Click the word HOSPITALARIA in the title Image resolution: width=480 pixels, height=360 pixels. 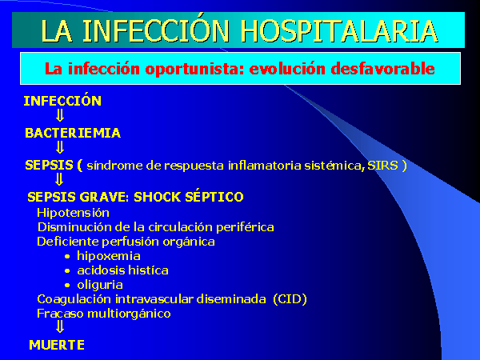tap(338, 31)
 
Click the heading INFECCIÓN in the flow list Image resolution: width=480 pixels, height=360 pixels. tap(62, 100)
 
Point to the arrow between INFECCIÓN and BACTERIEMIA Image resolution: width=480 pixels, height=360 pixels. tap(60, 116)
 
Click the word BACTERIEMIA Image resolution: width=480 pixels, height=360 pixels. tap(73, 133)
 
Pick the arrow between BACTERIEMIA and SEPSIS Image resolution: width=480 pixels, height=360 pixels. tap(60, 147)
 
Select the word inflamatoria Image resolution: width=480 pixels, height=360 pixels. tap(265, 166)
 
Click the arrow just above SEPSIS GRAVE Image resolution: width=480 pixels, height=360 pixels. tap(59, 179)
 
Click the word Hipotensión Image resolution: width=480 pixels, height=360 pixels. tap(73, 213)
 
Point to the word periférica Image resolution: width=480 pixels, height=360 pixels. tap(245, 227)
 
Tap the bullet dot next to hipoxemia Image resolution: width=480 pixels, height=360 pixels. tap(67, 257)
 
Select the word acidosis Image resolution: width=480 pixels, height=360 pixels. tap(101, 270)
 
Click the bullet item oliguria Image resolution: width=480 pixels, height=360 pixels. tap(100, 285)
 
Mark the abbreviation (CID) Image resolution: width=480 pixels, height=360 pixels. tap(290, 299)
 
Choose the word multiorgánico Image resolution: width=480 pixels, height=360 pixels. tap(129, 314)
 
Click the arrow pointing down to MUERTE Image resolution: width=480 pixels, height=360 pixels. tap(60, 326)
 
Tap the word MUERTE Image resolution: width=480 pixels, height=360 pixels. tap(57, 345)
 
